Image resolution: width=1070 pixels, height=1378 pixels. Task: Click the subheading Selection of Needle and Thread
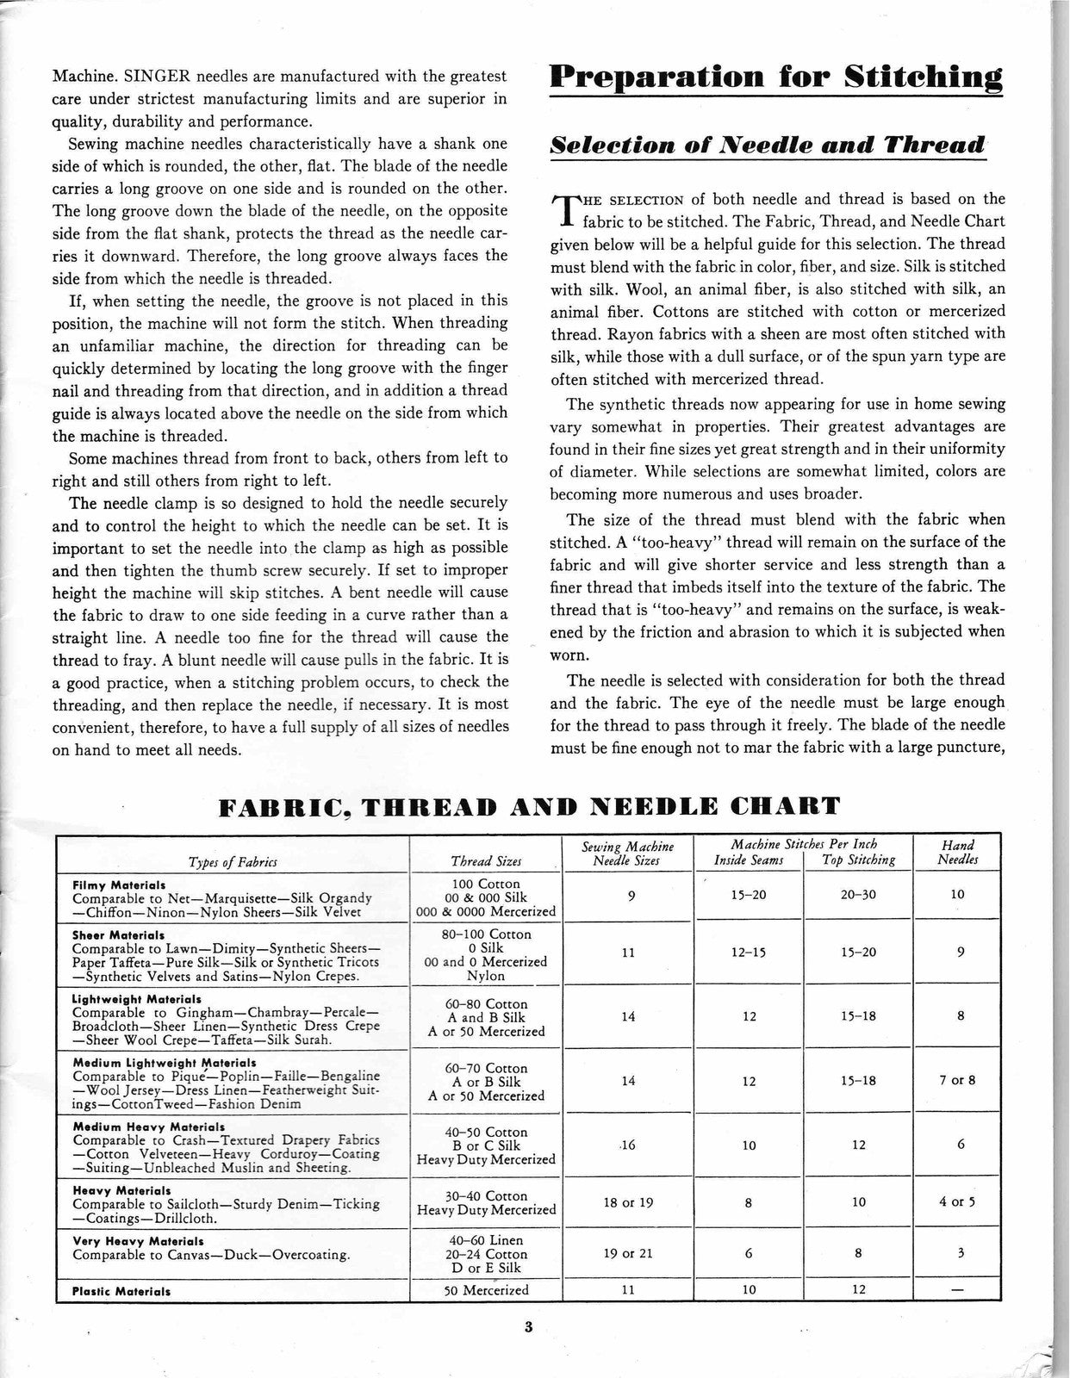[767, 144]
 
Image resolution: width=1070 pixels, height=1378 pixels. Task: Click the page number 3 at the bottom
[528, 1327]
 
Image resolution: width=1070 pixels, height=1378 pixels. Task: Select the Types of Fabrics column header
[233, 861]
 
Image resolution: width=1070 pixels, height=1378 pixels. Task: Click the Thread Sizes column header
[486, 861]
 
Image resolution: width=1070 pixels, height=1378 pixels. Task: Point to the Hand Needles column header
[958, 853]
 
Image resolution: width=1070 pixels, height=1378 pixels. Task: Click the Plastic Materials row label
[121, 1292]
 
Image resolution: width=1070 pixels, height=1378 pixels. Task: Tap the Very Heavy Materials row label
[138, 1242]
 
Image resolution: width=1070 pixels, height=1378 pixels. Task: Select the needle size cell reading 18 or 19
[628, 1202]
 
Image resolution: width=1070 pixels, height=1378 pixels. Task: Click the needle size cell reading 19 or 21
[628, 1254]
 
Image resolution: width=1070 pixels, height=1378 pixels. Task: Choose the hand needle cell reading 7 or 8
[958, 1080]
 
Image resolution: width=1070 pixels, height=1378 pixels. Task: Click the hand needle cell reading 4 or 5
[958, 1202]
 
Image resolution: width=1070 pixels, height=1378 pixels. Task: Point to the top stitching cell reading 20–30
[858, 895]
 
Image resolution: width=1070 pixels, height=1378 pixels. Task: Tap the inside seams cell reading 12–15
[749, 952]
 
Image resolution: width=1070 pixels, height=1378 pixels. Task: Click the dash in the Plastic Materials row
[958, 1290]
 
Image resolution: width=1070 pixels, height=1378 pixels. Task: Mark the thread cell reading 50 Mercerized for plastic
[486, 1290]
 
